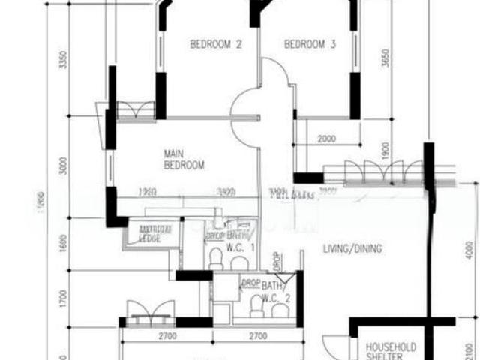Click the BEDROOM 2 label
point(215,45)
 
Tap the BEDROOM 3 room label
point(310,45)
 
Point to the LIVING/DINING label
point(353,249)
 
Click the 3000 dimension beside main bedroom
point(64,166)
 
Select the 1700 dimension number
point(64,300)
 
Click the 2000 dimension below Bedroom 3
point(327,139)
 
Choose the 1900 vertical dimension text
point(385,150)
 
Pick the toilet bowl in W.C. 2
point(257,304)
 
